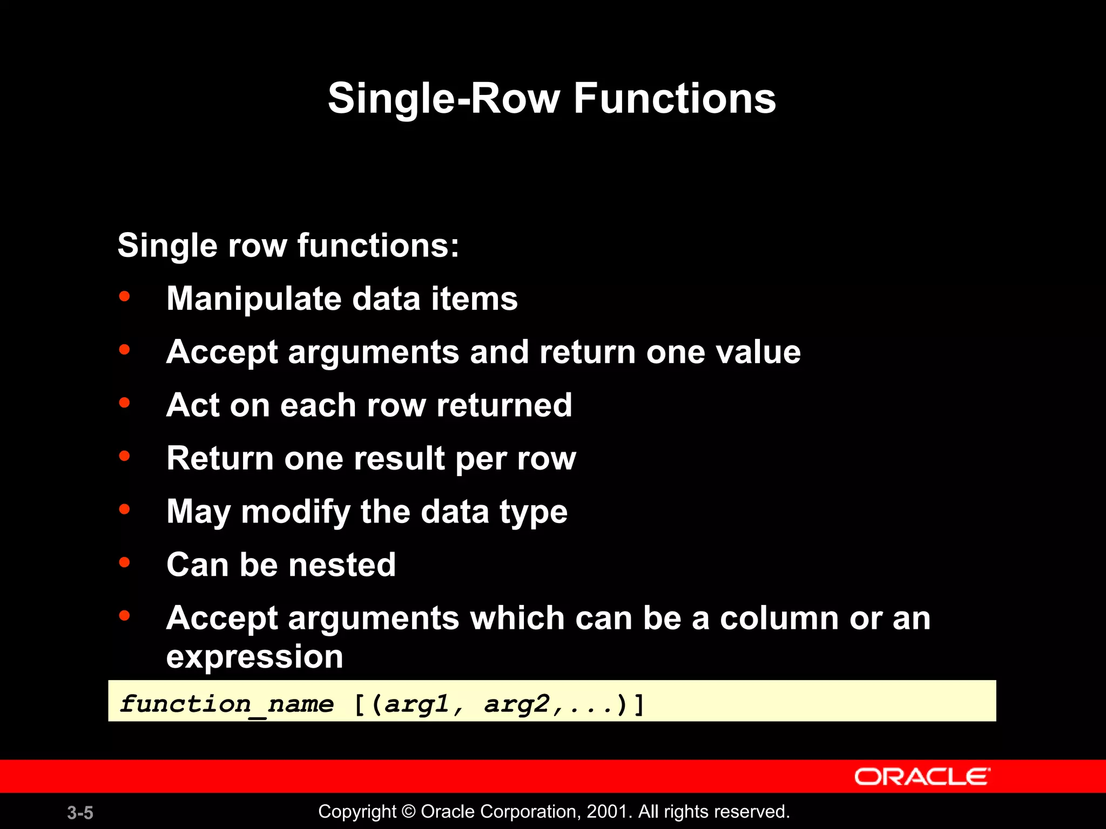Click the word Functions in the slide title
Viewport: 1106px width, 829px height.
[x=675, y=99]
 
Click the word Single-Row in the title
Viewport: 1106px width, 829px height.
[x=444, y=99]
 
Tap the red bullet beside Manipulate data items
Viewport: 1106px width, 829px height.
[x=125, y=296]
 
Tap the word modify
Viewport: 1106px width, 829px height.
[x=295, y=512]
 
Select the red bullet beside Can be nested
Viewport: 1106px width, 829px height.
[x=125, y=562]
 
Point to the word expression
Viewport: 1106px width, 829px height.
[x=254, y=657]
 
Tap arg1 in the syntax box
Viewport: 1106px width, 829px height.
[x=417, y=704]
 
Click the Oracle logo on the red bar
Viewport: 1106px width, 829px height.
[x=922, y=777]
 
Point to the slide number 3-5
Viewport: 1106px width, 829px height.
[x=80, y=813]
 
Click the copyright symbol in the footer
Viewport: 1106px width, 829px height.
[x=409, y=812]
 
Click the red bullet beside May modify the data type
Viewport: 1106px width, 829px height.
[x=125, y=509]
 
